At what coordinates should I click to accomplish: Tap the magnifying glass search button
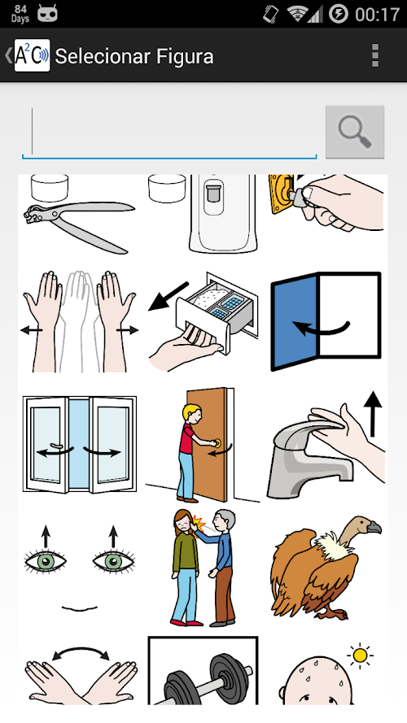tap(354, 132)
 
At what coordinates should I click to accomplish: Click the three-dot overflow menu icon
tap(375, 56)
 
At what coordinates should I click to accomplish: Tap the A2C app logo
tap(32, 55)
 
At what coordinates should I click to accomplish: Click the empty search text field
tap(169, 133)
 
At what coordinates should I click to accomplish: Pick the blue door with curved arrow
tap(326, 321)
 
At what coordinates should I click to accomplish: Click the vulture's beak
tap(374, 526)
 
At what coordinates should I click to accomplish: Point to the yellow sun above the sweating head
tap(360, 655)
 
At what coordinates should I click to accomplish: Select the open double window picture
tap(80, 445)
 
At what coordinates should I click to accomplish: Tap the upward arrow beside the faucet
tap(372, 415)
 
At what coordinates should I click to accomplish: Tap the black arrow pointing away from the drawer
tap(168, 296)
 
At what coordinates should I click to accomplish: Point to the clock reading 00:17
tap(377, 15)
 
